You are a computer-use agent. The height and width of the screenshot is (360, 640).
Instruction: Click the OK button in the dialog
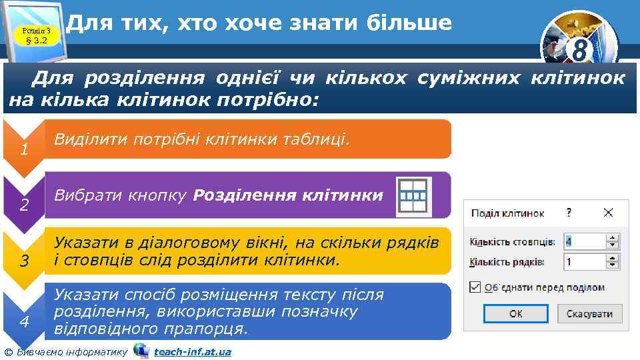pyautogui.click(x=515, y=313)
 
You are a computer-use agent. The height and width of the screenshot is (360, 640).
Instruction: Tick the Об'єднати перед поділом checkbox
pyautogui.click(x=475, y=287)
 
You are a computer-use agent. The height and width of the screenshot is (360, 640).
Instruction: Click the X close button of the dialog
pyautogui.click(x=608, y=213)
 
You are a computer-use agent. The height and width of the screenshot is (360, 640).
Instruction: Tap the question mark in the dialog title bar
pyautogui.click(x=569, y=213)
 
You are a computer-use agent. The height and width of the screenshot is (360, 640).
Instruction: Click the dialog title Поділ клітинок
pyautogui.click(x=507, y=213)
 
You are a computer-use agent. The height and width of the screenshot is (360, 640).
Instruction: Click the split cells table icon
pyautogui.click(x=413, y=197)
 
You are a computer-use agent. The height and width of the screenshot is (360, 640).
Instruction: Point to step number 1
pyautogui.click(x=23, y=149)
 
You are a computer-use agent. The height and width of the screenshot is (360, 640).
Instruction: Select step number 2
pyautogui.click(x=23, y=205)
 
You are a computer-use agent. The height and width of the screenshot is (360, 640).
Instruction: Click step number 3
pyautogui.click(x=23, y=261)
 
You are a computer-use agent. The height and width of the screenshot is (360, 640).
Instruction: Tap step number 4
pyautogui.click(x=23, y=322)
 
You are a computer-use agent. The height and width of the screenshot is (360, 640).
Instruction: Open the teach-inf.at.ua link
pyautogui.click(x=192, y=351)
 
